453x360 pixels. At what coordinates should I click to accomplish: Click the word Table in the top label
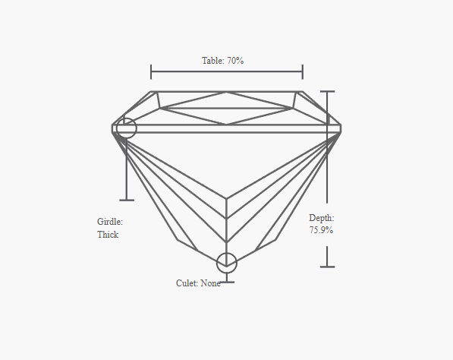click(212, 61)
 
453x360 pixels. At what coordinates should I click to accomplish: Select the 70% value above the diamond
click(235, 61)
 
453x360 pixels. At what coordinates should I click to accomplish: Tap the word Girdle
click(110, 222)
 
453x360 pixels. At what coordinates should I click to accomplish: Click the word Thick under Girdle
click(108, 235)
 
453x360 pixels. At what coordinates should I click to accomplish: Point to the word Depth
click(322, 218)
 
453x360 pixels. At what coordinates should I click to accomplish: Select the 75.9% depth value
click(321, 230)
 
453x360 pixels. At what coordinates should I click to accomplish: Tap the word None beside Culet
click(211, 283)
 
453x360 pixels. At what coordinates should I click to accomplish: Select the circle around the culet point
click(227, 253)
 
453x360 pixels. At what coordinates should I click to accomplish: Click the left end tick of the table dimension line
click(151, 72)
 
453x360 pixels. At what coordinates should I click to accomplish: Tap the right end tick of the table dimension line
click(303, 72)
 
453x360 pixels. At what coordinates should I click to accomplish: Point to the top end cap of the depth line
click(327, 91)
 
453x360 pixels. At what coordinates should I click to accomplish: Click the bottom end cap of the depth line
click(327, 267)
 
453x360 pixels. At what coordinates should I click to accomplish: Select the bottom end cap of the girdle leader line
click(127, 200)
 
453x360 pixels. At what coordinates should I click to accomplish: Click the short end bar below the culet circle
click(227, 282)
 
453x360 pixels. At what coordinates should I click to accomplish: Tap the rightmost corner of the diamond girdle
click(341, 128)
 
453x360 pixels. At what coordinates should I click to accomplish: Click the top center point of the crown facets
click(226, 92)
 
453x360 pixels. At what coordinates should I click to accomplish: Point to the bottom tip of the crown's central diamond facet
click(226, 125)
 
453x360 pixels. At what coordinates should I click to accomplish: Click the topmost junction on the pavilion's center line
click(226, 199)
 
